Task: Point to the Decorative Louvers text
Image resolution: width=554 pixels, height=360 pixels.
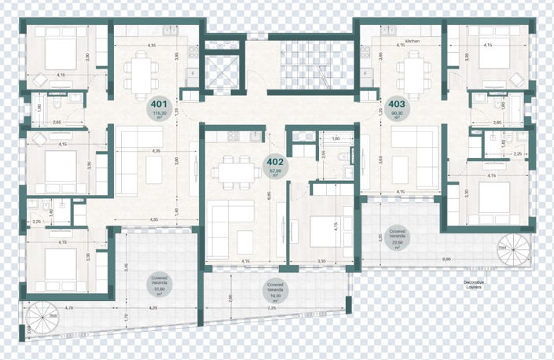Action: coord(474,284)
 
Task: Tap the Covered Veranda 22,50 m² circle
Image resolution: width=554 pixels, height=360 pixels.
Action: coord(397,239)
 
